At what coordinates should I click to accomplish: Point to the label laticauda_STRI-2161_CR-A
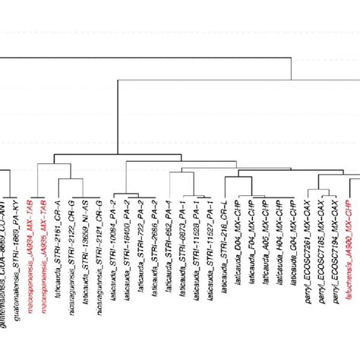point(58,251)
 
